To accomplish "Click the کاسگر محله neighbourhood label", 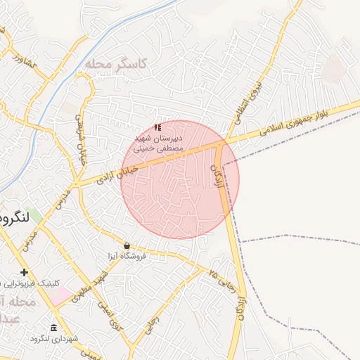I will coord(116,64).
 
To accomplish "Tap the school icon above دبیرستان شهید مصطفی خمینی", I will coord(157,127).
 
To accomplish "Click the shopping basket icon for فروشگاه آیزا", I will coord(127,245).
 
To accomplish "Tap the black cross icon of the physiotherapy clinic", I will coord(24,272).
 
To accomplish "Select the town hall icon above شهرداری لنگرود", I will coord(54,328).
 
